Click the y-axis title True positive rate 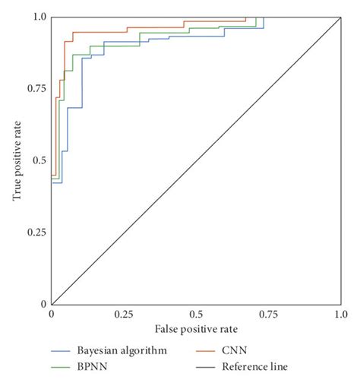tap(17, 160)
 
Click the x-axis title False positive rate tap(196, 329)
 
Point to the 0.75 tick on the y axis tap(35, 88)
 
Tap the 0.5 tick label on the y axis tap(38, 160)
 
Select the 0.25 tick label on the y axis tap(35, 233)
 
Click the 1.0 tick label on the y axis tap(38, 16)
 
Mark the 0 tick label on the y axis tap(43, 305)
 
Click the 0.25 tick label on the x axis tap(122, 314)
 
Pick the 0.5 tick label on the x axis tap(196, 314)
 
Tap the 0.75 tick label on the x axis tap(268, 314)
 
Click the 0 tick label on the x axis tap(51, 314)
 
